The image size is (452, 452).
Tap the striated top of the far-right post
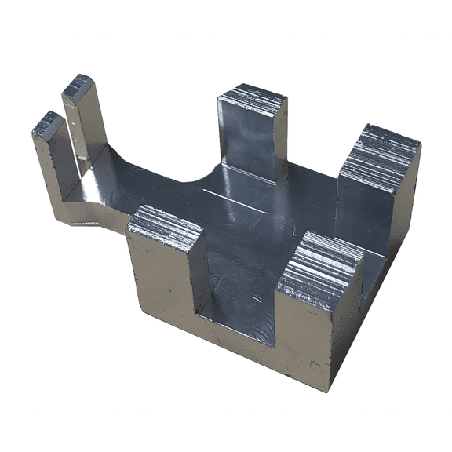point(381,157)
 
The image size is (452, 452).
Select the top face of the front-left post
point(166,225)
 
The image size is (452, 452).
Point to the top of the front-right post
point(323,267)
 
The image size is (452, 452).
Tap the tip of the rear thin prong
point(78,86)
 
